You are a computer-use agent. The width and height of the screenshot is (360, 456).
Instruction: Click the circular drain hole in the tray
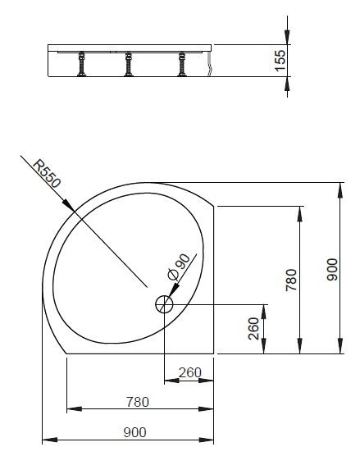(x=164, y=303)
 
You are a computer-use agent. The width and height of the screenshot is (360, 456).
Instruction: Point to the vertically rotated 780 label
(x=292, y=279)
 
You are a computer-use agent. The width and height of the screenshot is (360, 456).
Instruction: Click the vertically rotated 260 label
(x=253, y=328)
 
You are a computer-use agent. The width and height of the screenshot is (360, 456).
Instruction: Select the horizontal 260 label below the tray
(x=189, y=373)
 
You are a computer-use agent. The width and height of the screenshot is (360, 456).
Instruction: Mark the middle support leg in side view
(x=130, y=65)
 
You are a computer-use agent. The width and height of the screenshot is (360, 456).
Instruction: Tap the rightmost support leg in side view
(x=180, y=65)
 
